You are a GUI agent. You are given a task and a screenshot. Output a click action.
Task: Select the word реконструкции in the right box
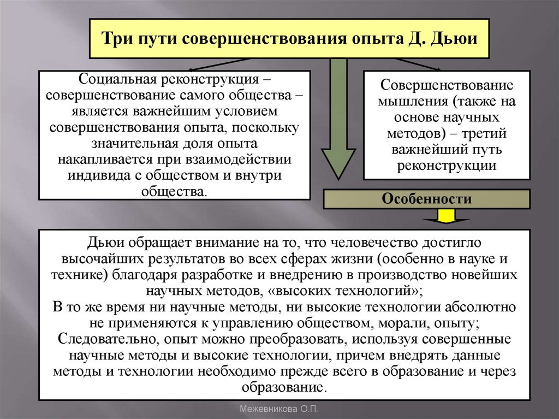(x=446, y=166)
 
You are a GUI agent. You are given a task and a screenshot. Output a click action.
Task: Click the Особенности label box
(x=427, y=199)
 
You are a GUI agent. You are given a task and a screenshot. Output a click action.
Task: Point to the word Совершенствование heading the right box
(x=446, y=86)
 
